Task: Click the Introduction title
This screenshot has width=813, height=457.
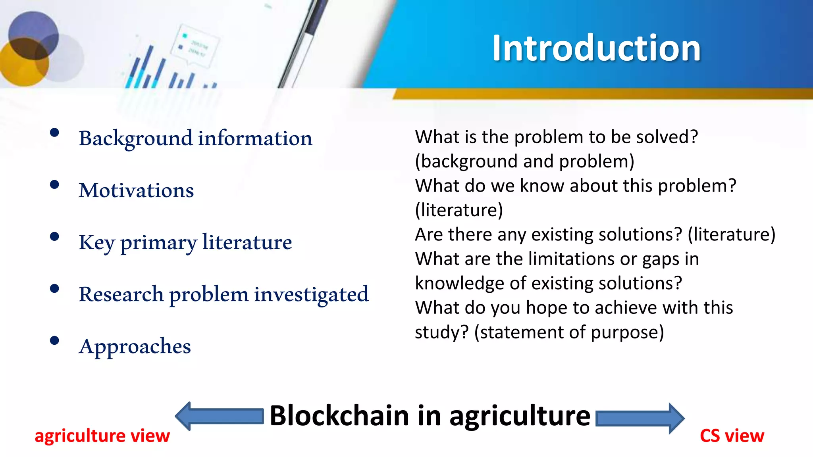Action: [x=596, y=48]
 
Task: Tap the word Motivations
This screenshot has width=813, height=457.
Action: [x=136, y=190]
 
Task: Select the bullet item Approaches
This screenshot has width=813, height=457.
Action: [x=135, y=346]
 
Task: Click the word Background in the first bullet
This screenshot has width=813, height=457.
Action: [x=135, y=138]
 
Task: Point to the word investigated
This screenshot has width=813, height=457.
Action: [x=311, y=294]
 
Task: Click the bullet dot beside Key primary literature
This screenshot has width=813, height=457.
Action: [x=54, y=237]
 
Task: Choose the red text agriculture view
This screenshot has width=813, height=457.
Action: [x=102, y=436]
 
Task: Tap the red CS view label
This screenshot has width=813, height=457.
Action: [x=732, y=436]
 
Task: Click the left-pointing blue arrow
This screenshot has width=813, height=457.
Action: [x=219, y=416]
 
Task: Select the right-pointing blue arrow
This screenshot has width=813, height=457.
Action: [x=640, y=418]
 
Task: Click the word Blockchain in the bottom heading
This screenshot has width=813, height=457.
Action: [x=339, y=416]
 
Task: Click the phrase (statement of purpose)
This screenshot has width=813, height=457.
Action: [x=569, y=332]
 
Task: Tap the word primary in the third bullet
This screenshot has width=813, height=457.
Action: [x=158, y=243]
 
